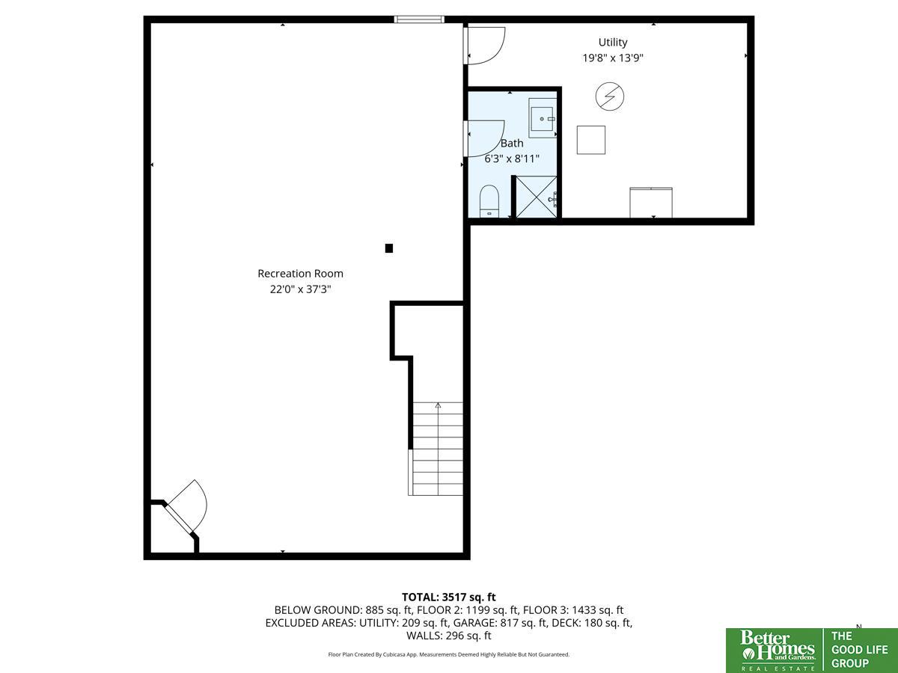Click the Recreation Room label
click(300, 274)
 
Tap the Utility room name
click(612, 43)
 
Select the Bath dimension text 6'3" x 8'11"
click(512, 159)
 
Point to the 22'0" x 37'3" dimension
click(300, 289)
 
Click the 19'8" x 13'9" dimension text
click(612, 58)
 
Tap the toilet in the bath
click(489, 201)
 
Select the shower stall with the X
click(537, 197)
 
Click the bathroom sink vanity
click(543, 117)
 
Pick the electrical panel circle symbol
click(610, 97)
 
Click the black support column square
click(389, 248)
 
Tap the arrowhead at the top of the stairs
click(439, 405)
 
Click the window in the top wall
click(419, 19)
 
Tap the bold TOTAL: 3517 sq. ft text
click(449, 597)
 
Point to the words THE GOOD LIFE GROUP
click(859, 650)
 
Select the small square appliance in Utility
click(591, 140)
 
